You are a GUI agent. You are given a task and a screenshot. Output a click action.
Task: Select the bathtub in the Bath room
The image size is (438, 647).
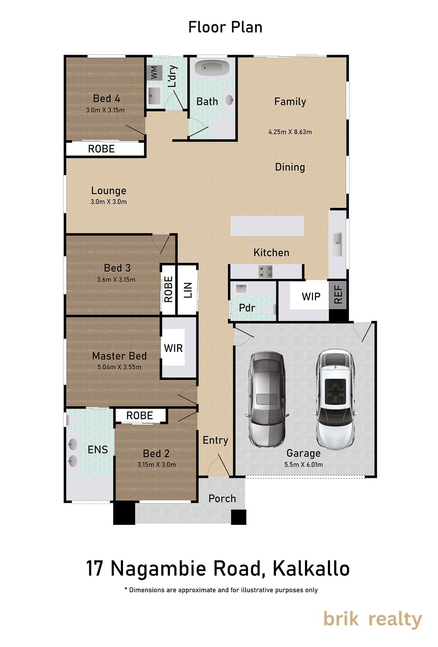[212, 68]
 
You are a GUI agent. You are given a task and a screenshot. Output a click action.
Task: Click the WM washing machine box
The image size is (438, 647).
[154, 73]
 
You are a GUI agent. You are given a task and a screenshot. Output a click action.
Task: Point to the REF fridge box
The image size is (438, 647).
[337, 295]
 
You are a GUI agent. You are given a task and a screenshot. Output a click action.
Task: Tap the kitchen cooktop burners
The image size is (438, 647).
[265, 271]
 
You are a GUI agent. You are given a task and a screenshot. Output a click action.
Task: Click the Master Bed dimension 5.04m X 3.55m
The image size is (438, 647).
[120, 367]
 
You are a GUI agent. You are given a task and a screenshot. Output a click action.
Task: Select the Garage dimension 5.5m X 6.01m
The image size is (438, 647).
[303, 465]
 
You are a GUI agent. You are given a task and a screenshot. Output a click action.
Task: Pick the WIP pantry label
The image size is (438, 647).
[311, 296]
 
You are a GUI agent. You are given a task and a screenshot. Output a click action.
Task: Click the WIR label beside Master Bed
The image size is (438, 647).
[173, 348]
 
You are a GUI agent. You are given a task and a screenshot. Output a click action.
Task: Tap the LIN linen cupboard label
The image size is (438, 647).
[188, 290]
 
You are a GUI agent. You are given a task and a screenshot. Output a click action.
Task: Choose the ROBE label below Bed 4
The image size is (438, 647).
[101, 149]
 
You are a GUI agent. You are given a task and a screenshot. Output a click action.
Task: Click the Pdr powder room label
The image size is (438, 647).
[247, 308]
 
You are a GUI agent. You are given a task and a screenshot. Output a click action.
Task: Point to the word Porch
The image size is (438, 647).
[222, 499]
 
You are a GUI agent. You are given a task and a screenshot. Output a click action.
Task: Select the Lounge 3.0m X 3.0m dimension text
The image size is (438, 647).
[109, 201]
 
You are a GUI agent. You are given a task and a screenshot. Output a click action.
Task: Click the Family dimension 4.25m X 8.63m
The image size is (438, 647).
[290, 132]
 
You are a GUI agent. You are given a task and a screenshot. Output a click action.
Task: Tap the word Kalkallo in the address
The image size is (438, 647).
[311, 568]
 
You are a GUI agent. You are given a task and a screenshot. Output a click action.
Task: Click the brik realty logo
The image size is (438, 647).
[372, 619]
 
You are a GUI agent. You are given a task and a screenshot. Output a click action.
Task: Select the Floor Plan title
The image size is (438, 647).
[225, 28]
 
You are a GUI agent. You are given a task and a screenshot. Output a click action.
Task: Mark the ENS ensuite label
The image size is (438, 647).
[98, 449]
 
